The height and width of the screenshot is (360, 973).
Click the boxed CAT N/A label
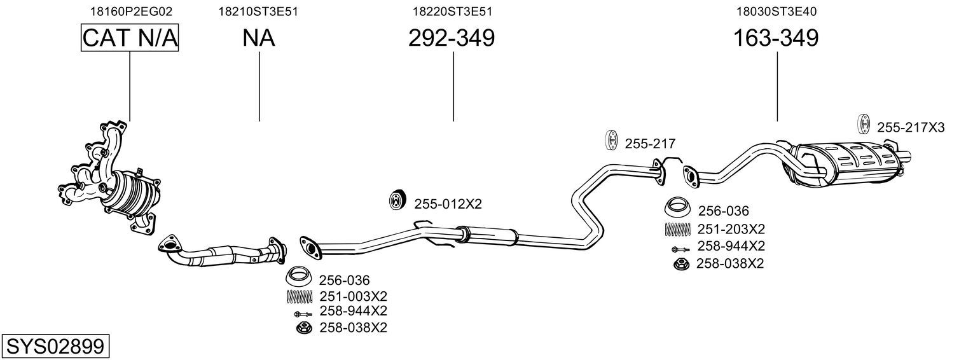pyautogui.click(x=130, y=38)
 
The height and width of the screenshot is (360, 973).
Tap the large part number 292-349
pyautogui.click(x=452, y=38)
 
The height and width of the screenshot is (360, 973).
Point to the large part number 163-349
pyautogui.click(x=776, y=38)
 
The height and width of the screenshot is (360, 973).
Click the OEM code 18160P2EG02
pyautogui.click(x=131, y=11)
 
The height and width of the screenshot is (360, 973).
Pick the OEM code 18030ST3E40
pyautogui.click(x=776, y=11)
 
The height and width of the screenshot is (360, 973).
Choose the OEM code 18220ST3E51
pyautogui.click(x=452, y=11)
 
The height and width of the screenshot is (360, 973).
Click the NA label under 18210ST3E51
pyautogui.click(x=258, y=38)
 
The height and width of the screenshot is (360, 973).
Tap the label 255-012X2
pyautogui.click(x=448, y=204)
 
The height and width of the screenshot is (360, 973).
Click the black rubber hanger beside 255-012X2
pyautogui.click(x=397, y=200)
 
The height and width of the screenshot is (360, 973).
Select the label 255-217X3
pyautogui.click(x=911, y=128)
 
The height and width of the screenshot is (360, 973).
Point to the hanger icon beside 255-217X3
pyautogui.click(x=864, y=124)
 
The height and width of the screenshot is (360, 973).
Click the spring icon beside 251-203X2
pyautogui.click(x=678, y=229)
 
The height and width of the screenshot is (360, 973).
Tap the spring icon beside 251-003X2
pyautogui.click(x=300, y=296)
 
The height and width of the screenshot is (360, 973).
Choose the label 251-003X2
pyautogui.click(x=353, y=296)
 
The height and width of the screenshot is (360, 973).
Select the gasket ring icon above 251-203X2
pyautogui.click(x=678, y=207)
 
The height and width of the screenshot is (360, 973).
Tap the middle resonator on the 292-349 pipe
pyautogui.click(x=487, y=236)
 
